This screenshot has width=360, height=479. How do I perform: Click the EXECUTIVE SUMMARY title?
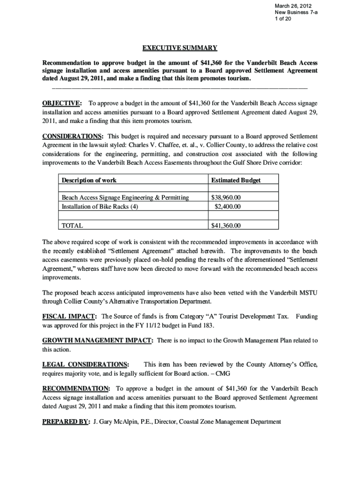click(x=180, y=48)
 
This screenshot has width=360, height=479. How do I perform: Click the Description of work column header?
click(x=89, y=181)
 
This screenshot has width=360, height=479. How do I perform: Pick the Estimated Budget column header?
click(x=236, y=181)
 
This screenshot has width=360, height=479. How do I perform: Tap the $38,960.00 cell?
click(x=226, y=198)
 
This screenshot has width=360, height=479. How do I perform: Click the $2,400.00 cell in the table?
click(x=228, y=206)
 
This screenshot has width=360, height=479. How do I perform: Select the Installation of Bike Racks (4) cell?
click(x=100, y=206)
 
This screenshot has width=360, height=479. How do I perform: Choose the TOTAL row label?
click(x=72, y=225)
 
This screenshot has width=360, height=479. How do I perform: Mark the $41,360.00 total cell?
click(x=226, y=225)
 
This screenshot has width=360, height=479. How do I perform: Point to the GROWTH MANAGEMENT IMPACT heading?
click(x=97, y=341)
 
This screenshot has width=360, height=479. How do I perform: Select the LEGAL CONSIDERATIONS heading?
click(x=86, y=365)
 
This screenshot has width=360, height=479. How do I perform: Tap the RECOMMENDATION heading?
click(x=76, y=389)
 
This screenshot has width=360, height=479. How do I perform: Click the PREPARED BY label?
click(x=65, y=422)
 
